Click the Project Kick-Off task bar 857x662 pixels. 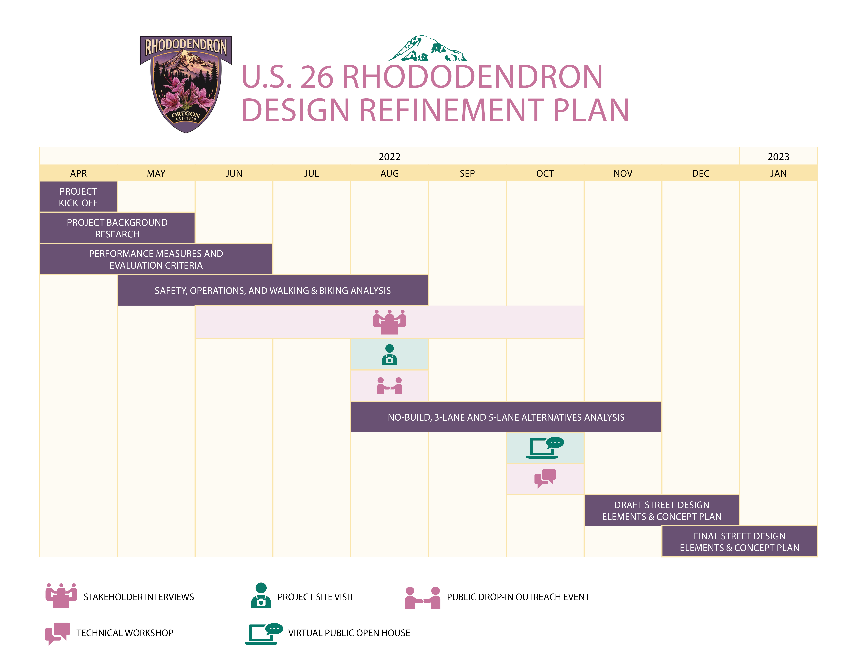tap(78, 197)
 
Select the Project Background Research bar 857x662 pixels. tap(117, 228)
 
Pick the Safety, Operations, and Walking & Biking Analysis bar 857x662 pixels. tap(273, 290)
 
